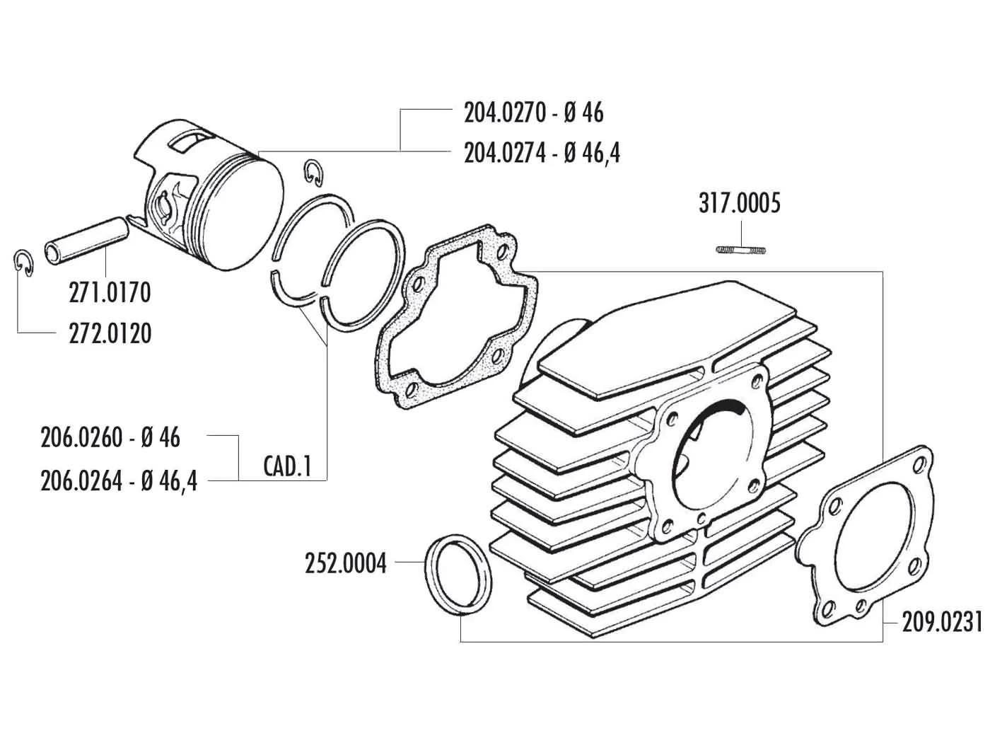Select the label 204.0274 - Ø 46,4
coord(542,154)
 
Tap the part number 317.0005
coord(739,204)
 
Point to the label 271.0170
coord(110,293)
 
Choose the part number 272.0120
coord(110,334)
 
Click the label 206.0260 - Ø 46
coord(110,437)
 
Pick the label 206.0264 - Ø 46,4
coord(119,481)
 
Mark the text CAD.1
coord(287,466)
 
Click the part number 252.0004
coord(346,564)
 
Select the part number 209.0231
coord(942,623)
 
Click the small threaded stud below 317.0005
coord(741,249)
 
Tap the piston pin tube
coord(88,241)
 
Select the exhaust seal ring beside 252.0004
coord(458,575)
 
